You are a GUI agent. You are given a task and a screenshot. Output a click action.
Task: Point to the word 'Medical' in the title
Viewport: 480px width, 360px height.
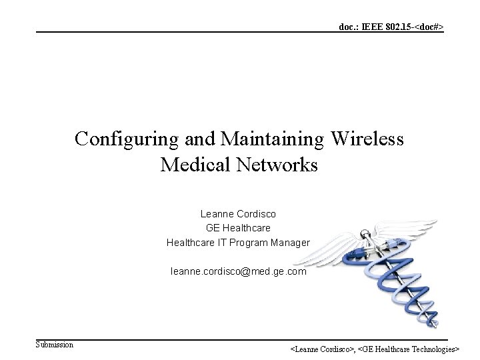[194, 164]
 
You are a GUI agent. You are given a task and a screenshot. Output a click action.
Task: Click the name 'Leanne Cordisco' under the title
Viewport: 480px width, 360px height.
[238, 214]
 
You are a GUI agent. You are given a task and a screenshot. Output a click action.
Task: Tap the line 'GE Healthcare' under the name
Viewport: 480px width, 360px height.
[238, 228]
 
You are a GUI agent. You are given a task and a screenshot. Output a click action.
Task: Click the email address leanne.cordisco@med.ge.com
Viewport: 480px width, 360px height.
[238, 271]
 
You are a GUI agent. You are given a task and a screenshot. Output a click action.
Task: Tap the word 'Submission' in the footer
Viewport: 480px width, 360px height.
[55, 345]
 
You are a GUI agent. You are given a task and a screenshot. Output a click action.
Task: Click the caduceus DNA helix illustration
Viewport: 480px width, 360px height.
[393, 273]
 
